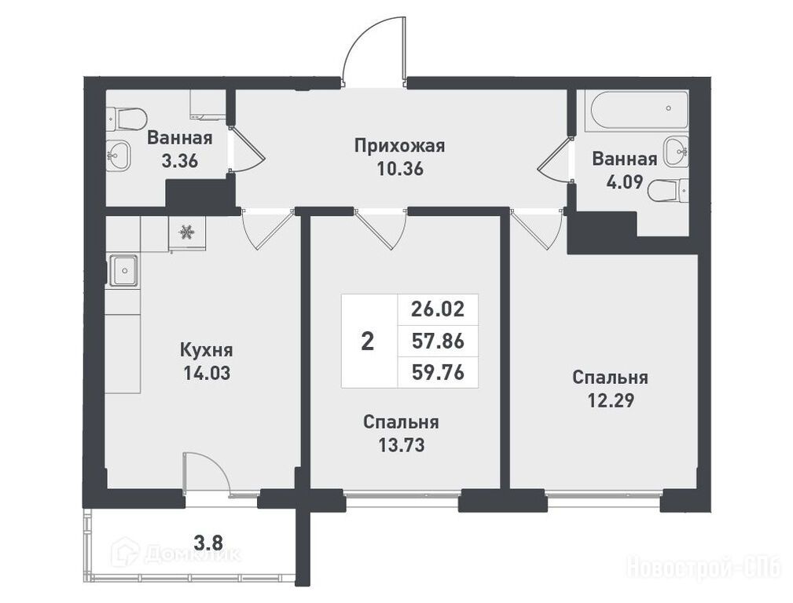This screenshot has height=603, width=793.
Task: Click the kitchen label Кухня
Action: [207, 349]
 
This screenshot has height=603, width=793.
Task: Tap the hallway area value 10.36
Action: [400, 169]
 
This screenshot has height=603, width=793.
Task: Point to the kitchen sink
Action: [123, 271]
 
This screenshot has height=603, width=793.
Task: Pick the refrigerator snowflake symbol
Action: [186, 232]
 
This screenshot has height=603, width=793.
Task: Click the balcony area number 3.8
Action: [208, 543]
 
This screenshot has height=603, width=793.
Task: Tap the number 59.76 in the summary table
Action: [438, 372]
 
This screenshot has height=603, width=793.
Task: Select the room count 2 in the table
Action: [368, 342]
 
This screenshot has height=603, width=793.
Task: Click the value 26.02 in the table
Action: [438, 309]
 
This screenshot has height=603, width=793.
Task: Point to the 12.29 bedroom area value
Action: [611, 400]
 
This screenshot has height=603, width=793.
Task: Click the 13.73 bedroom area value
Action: [401, 445]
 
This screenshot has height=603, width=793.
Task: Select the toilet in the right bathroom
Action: [668, 191]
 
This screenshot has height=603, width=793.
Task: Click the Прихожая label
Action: [399, 146]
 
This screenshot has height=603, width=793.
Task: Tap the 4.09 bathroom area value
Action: [625, 182]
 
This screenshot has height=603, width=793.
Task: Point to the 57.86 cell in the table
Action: [438, 342]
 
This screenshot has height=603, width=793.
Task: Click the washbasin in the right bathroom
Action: [676, 152]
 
